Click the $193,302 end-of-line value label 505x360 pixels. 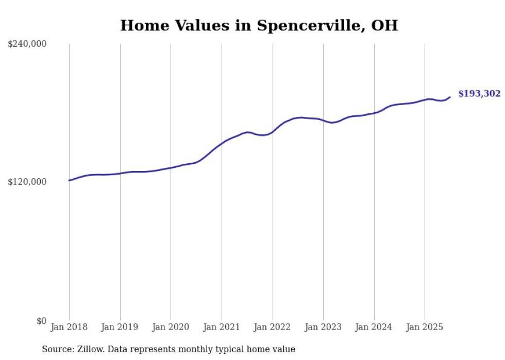coord(479,93)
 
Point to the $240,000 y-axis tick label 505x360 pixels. coord(27,44)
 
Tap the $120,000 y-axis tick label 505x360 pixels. coord(27,182)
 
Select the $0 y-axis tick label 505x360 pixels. coord(41,321)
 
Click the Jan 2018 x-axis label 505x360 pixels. coord(69,327)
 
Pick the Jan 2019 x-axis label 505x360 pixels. coord(120,327)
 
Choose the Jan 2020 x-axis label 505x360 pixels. coord(171,327)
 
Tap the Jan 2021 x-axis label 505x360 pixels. coord(222,327)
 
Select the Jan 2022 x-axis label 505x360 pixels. coord(273,327)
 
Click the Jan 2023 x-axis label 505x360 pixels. coord(323,327)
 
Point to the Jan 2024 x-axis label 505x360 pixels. coord(374,327)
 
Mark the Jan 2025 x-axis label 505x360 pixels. coord(425,327)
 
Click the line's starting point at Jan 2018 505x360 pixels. coord(69,180)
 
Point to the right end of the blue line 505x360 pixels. coord(450,97)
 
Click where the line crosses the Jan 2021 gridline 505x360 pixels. coord(222,143)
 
